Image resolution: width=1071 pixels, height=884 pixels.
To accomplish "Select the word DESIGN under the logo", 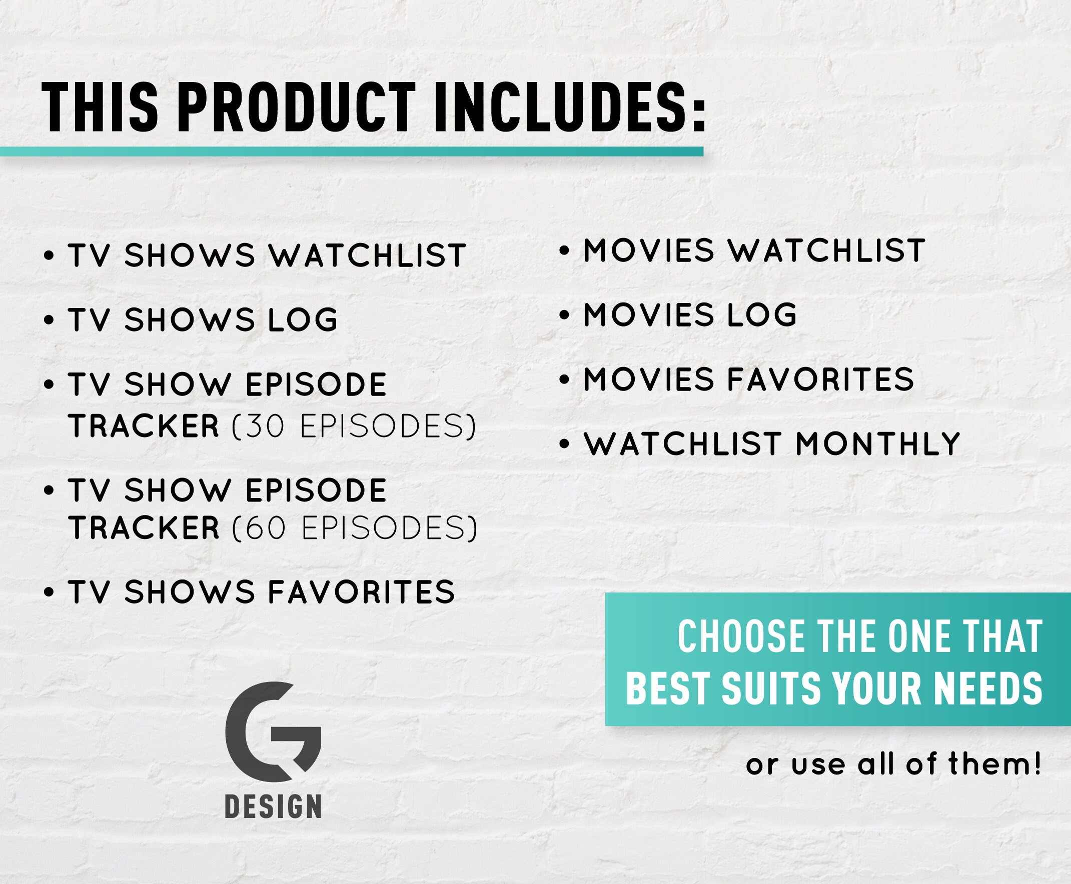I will [273, 807].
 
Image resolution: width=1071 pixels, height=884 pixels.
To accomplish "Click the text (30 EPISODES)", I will [354, 426].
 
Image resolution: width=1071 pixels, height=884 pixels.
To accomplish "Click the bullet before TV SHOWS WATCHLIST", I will [49, 255].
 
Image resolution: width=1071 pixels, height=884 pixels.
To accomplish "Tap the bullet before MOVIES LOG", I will [564, 315].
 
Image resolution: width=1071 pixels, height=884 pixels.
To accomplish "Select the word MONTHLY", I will [877, 444].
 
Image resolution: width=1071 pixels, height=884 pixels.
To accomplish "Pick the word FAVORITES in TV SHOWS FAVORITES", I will [361, 591].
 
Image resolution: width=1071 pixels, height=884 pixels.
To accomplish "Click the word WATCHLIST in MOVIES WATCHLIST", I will [826, 250].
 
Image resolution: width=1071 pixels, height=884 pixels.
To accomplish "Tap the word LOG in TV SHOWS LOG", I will [303, 320].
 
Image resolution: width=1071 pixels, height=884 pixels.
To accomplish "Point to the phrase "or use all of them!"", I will [894, 765].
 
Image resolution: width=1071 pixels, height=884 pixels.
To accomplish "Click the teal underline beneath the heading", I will [352, 151].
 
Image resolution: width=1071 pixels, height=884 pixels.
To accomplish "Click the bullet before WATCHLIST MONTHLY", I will [564, 444].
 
